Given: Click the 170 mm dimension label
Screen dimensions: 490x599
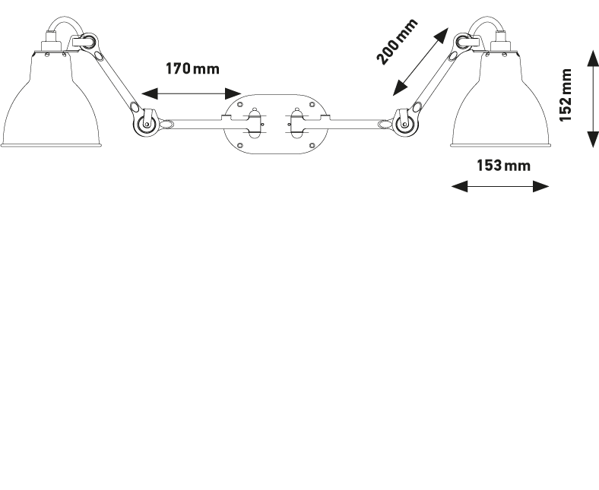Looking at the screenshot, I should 192,69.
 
